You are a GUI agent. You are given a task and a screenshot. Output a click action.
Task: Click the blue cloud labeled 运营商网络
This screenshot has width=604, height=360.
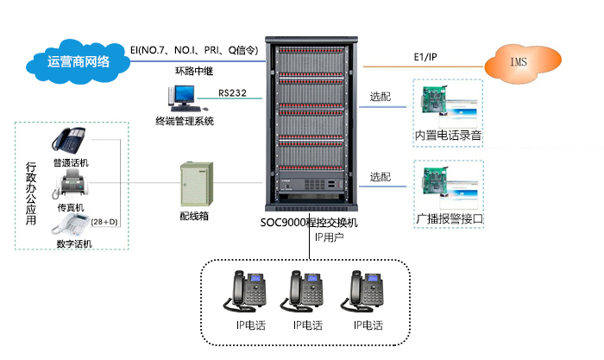pos(79,61)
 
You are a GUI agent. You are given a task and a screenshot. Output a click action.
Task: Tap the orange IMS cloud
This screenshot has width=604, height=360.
pos(518,63)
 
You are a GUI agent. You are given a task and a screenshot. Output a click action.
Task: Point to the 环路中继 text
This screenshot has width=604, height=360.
pos(194,71)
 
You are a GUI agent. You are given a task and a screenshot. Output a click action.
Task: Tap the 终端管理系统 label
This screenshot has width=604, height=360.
pos(185,122)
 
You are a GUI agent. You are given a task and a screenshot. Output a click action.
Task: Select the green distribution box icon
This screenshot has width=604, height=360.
pos(194,182)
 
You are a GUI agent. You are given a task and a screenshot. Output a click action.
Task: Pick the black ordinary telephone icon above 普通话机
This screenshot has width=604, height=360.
pos(70,141)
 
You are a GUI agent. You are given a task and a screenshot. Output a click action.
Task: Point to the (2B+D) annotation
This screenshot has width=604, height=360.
pos(104,223)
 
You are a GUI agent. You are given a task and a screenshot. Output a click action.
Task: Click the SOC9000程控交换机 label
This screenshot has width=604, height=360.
pos(309,222)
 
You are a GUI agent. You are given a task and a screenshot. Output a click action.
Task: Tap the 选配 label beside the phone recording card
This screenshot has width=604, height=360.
pos(381,96)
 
